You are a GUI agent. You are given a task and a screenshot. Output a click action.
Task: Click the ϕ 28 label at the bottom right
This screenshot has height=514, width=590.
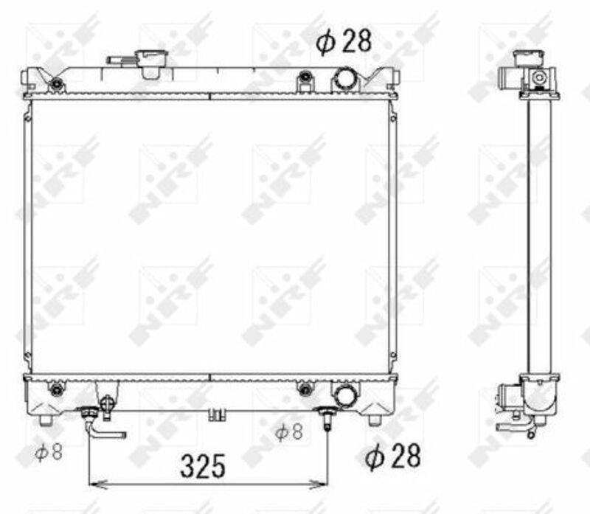point(393,456)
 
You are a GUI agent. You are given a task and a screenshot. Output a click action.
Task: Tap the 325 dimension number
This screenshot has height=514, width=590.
point(203,466)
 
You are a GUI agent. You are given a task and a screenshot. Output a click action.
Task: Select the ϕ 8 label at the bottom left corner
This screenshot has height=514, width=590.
point(49,451)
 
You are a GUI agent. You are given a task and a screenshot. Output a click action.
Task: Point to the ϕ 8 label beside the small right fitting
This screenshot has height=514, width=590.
point(289,431)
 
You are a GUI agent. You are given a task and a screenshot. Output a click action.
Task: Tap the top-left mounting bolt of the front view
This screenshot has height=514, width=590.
point(57,83)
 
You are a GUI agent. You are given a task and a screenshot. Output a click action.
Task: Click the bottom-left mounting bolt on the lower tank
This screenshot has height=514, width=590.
point(57,390)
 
